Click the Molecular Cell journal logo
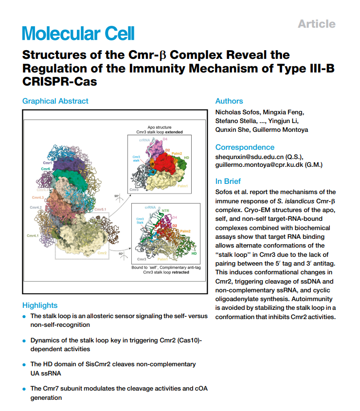[78, 33]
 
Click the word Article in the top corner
[316, 24]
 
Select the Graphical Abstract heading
[55, 101]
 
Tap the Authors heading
[229, 101]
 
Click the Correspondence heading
[245, 147]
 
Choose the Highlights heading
[40, 305]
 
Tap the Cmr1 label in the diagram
[48, 162]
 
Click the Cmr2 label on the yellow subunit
[102, 253]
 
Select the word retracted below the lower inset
[180, 272]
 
